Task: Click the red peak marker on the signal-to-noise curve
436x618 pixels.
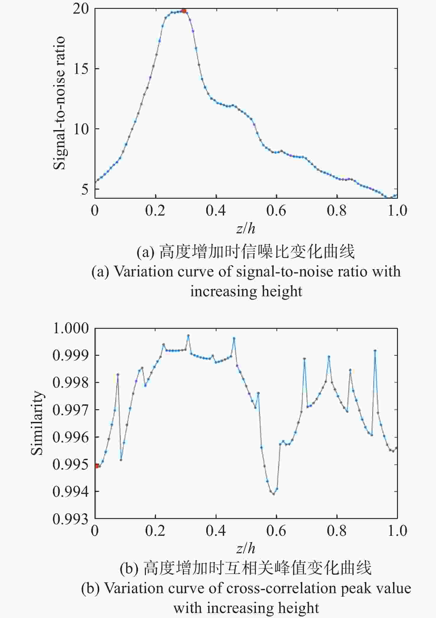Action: pyautogui.click(x=184, y=11)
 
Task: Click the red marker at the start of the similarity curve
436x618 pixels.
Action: pyautogui.click(x=97, y=466)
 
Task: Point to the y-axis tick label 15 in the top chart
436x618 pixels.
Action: pyautogui.click(x=81, y=69)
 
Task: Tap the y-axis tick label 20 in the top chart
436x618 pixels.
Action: pyautogui.click(x=81, y=9)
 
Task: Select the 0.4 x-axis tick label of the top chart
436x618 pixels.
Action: pyautogui.click(x=216, y=211)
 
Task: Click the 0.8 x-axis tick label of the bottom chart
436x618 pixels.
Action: pyautogui.click(x=336, y=531)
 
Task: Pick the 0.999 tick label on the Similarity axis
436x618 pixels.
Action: pyautogui.click(x=71, y=355)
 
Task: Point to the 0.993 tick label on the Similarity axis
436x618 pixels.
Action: pyautogui.click(x=71, y=519)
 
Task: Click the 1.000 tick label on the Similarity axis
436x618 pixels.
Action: pyautogui.click(x=71, y=328)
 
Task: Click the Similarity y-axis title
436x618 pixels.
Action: pyautogui.click(x=37, y=423)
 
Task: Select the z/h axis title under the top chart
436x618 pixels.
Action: pyautogui.click(x=246, y=229)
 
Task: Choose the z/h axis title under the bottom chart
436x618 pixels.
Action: pyautogui.click(x=246, y=549)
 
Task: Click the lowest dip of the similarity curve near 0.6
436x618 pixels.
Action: pyautogui.click(x=274, y=494)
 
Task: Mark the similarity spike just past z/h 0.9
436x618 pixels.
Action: pyautogui.click(x=375, y=351)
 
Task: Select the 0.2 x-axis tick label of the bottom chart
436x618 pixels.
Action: pyautogui.click(x=155, y=531)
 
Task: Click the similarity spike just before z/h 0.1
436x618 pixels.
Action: pyautogui.click(x=118, y=374)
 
